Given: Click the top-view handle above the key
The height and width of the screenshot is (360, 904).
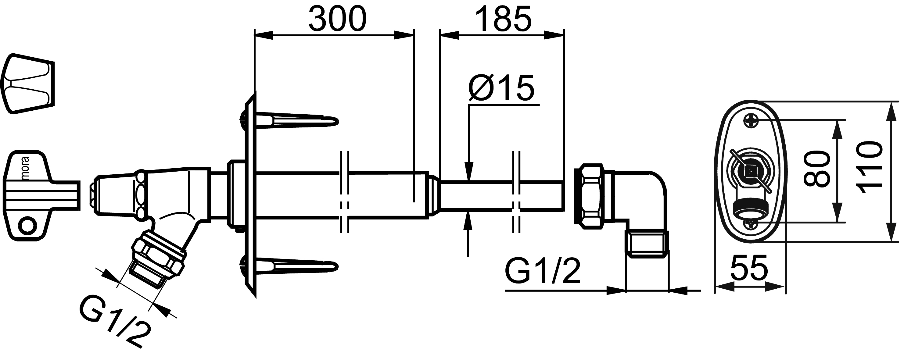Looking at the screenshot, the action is click(x=28, y=84).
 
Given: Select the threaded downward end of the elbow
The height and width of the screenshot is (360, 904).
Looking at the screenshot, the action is click(x=647, y=244).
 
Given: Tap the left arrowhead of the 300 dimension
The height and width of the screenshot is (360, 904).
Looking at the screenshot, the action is click(x=264, y=35).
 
